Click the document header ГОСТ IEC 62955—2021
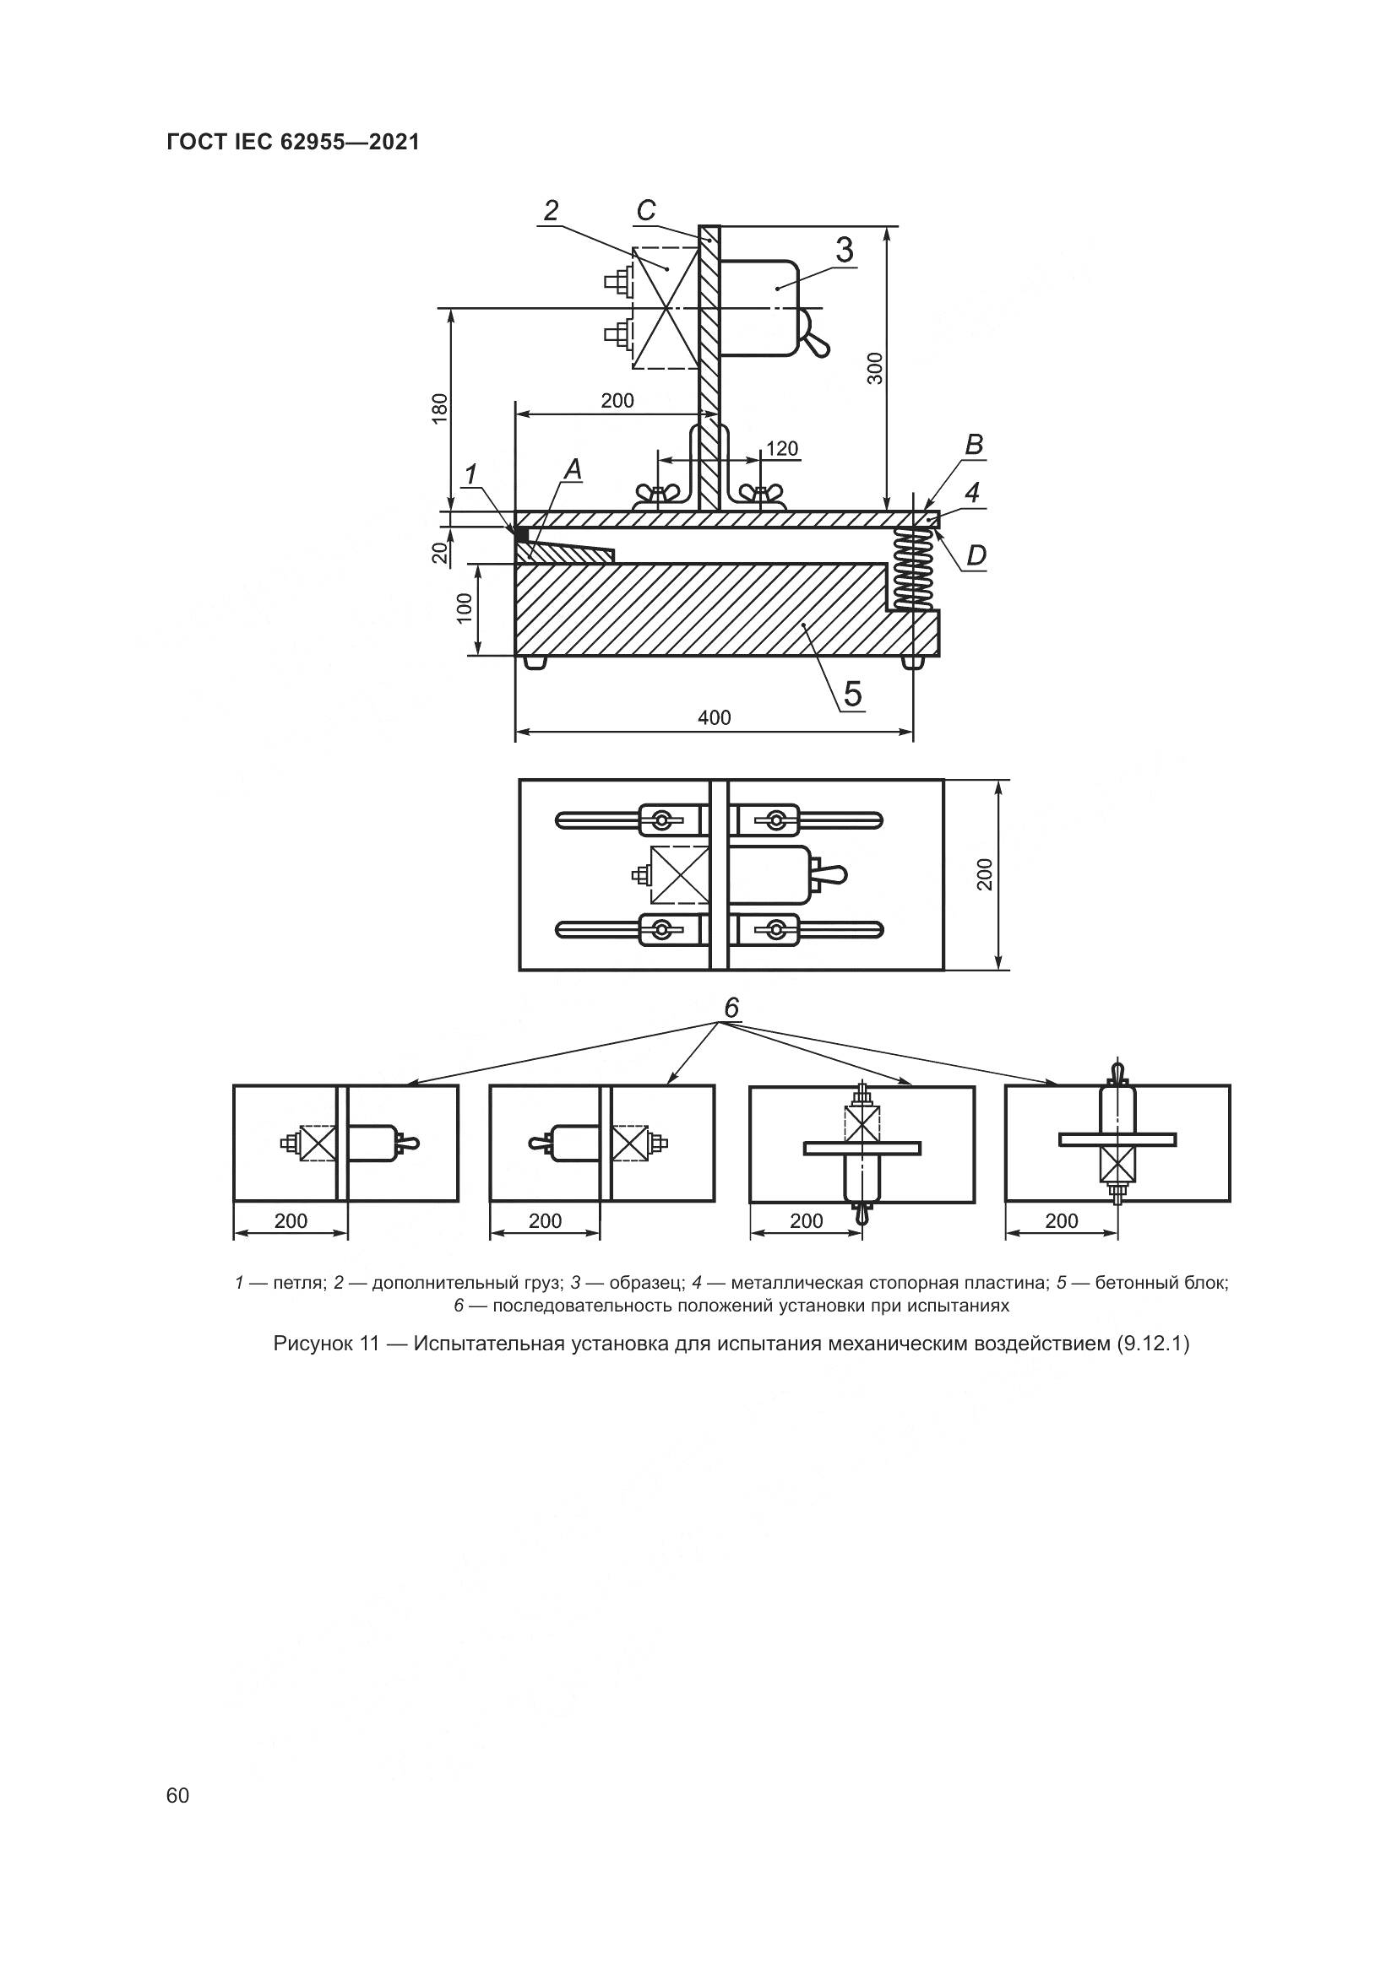click(x=292, y=143)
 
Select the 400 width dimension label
click(x=714, y=717)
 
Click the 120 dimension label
click(x=782, y=449)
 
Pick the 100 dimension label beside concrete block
click(x=465, y=608)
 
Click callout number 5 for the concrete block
click(x=851, y=693)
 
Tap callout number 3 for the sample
click(x=844, y=249)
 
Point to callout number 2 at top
click(x=552, y=210)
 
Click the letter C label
click(x=646, y=210)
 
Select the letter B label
click(x=974, y=445)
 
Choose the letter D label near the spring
click(x=976, y=556)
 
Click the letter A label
click(x=572, y=469)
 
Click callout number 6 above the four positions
click(x=731, y=1008)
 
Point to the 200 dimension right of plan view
click(x=985, y=874)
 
